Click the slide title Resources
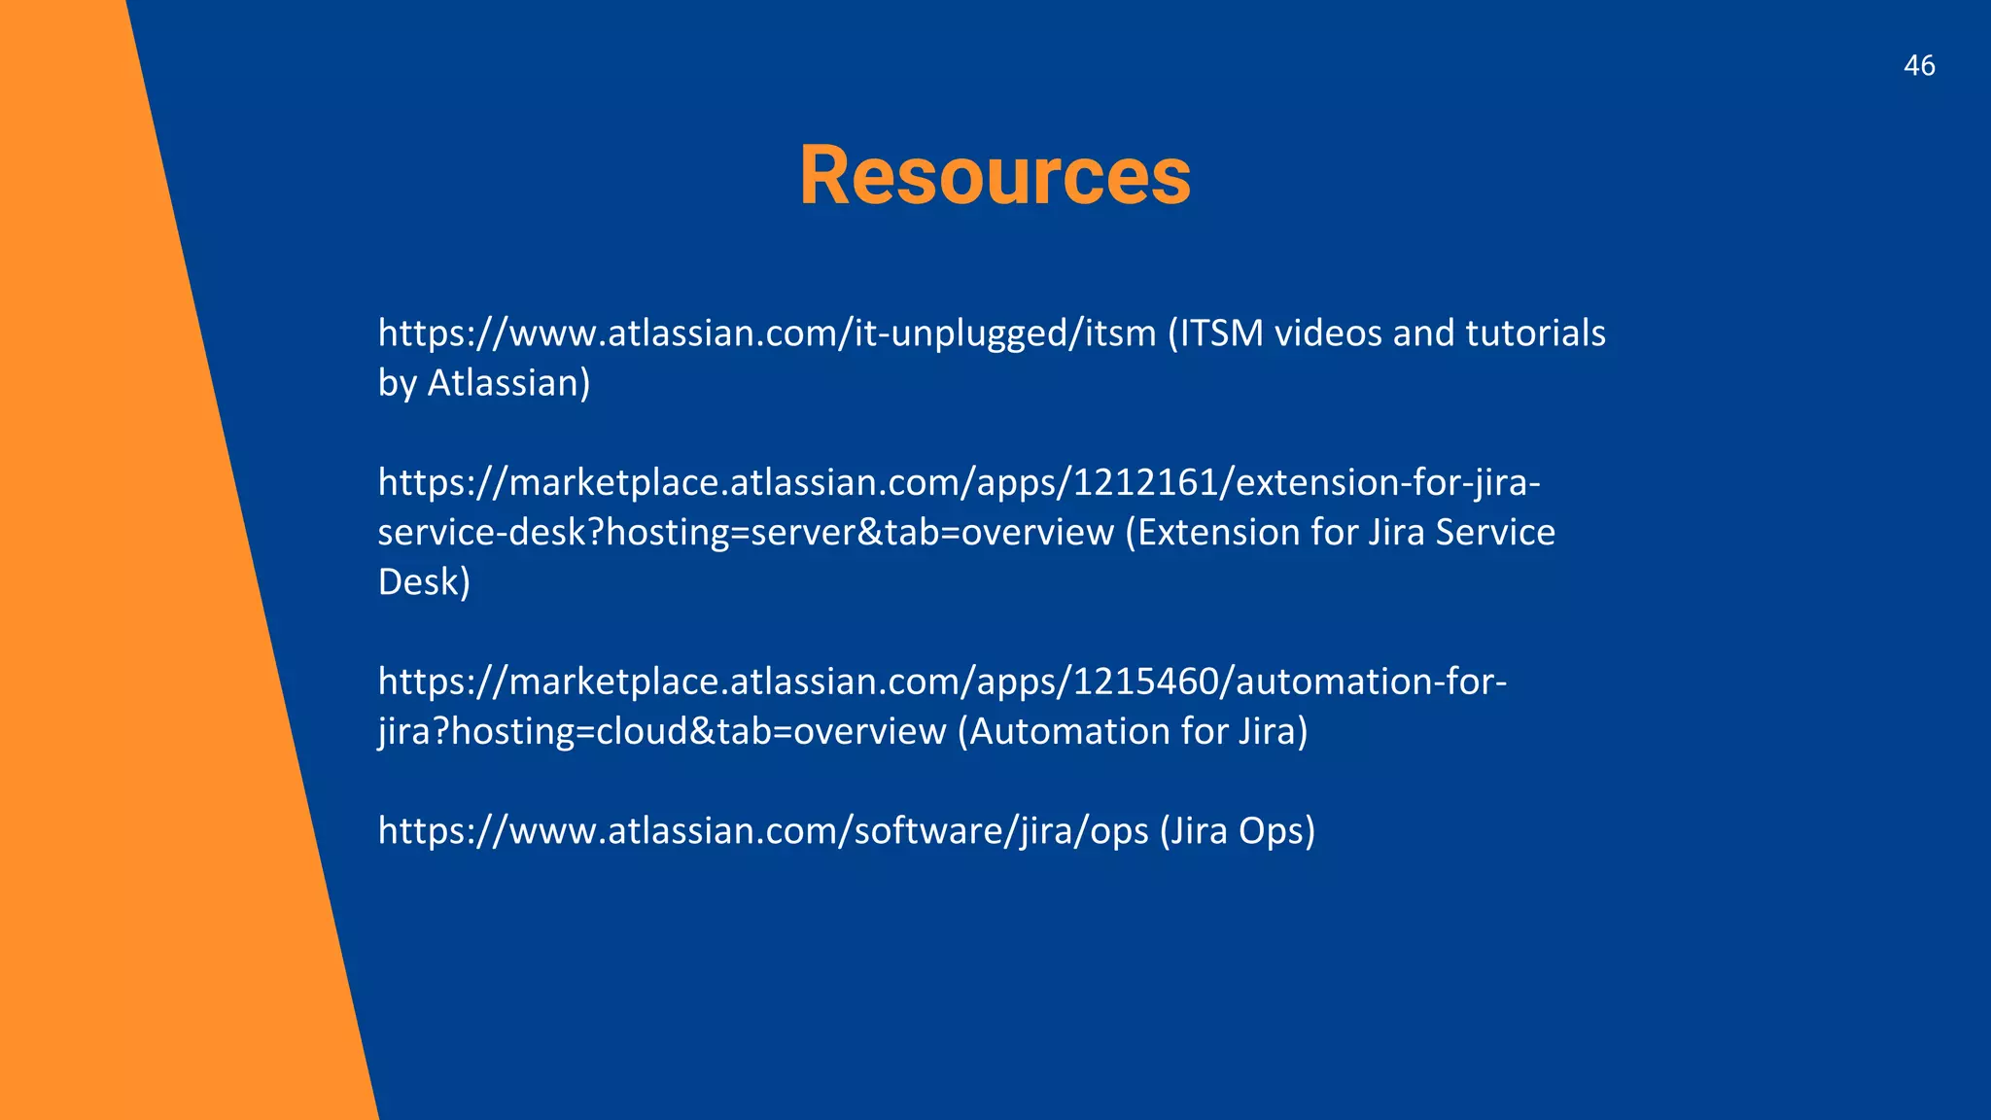click(x=995, y=176)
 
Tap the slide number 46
click(x=1919, y=66)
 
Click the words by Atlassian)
click(x=484, y=383)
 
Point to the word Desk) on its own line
click(x=424, y=582)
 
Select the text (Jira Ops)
click(x=1237, y=831)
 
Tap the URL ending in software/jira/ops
click(x=763, y=831)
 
